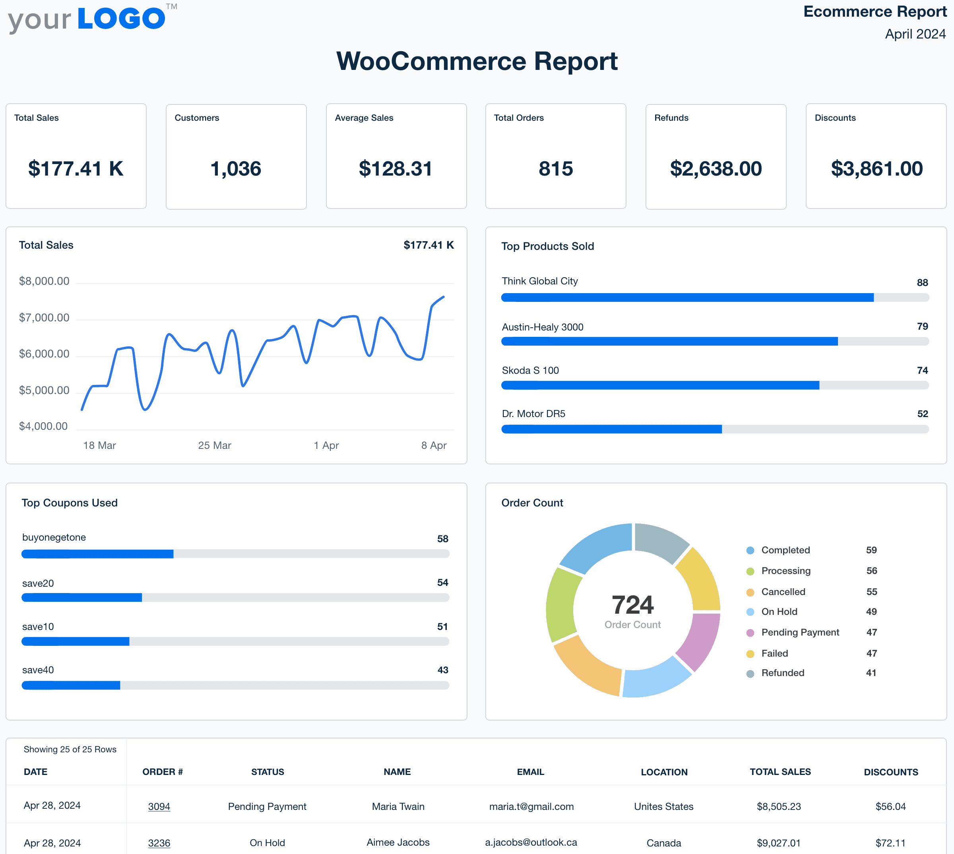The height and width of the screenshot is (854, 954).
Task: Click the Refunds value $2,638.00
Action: click(715, 169)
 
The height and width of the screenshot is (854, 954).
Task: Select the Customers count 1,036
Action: click(236, 169)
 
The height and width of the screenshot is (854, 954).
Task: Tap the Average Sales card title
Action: click(364, 118)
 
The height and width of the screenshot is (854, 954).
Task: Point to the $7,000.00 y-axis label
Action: click(44, 318)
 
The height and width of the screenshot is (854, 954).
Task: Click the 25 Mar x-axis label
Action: click(215, 445)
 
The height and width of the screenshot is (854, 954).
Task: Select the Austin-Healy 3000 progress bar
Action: click(715, 341)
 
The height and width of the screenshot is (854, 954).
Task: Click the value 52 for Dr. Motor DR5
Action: click(922, 414)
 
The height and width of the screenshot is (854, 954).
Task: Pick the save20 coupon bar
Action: click(235, 597)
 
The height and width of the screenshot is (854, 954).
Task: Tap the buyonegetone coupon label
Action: click(54, 537)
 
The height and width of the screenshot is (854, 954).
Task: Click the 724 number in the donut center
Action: click(632, 605)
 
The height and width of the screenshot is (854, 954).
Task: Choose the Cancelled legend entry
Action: click(783, 592)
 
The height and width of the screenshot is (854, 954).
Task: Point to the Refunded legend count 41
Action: click(871, 673)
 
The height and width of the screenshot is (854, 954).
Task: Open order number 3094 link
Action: click(159, 806)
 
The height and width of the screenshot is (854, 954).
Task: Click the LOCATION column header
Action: click(664, 772)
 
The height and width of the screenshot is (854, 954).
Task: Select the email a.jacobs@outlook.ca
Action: click(531, 842)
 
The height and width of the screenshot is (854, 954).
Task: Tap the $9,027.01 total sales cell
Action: click(778, 843)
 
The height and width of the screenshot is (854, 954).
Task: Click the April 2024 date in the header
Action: click(915, 34)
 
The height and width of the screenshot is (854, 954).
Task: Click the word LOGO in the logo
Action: click(121, 19)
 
